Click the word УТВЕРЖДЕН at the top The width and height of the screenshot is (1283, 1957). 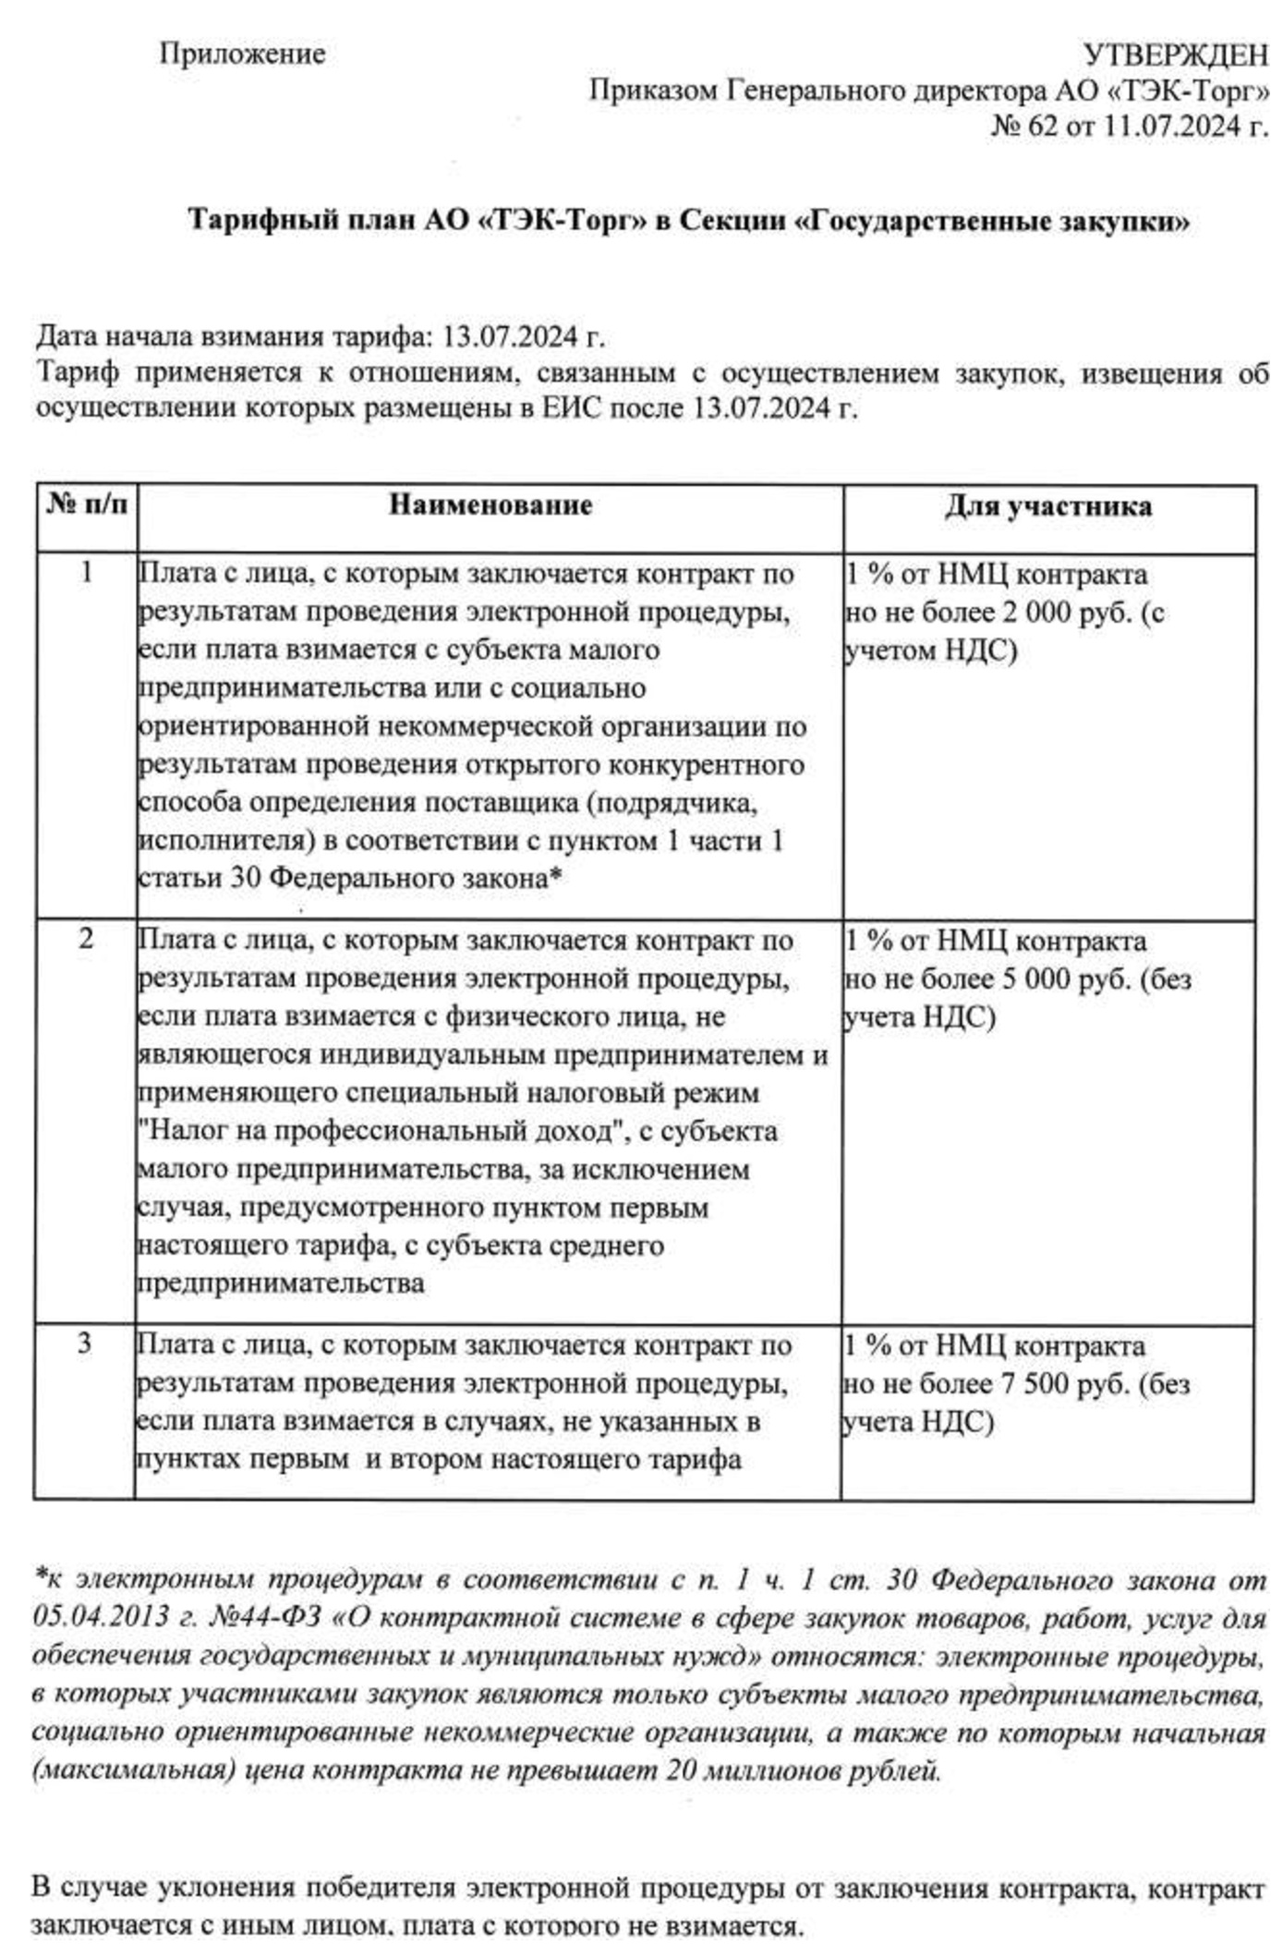[x=1175, y=56]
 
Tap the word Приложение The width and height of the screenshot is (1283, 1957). [x=242, y=54]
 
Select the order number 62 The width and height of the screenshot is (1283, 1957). [x=1042, y=126]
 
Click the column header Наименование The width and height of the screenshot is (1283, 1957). [x=490, y=505]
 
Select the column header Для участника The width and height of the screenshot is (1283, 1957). [x=1047, y=506]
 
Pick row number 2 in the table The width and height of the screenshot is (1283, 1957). [x=86, y=939]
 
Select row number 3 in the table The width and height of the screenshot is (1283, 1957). [x=84, y=1343]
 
